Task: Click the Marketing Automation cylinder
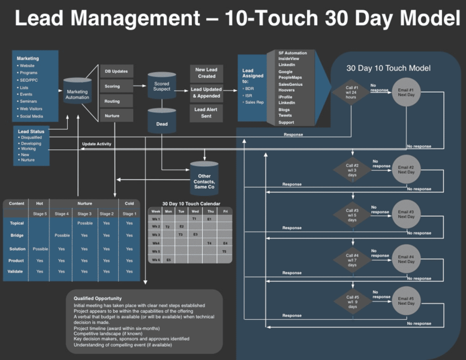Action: pyautogui.click(x=77, y=91)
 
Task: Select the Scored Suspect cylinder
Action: pyautogui.click(x=161, y=86)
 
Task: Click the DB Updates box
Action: pyautogui.click(x=116, y=71)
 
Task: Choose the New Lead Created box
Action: pyautogui.click(x=206, y=73)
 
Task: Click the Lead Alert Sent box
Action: pyautogui.click(x=206, y=113)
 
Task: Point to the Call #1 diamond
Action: pyautogui.click(x=352, y=92)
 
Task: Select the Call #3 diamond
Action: pyautogui.click(x=352, y=214)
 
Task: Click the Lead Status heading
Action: pyautogui.click(x=31, y=131)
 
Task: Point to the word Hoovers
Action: pyautogui.click(x=287, y=91)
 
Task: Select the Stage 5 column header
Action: pyautogui.click(x=40, y=213)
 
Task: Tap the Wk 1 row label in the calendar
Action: pyautogui.click(x=156, y=219)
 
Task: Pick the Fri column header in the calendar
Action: pyautogui.click(x=225, y=211)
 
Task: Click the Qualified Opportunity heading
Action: pyautogui.click(x=97, y=298)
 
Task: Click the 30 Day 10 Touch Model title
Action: pyautogui.click(x=388, y=68)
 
